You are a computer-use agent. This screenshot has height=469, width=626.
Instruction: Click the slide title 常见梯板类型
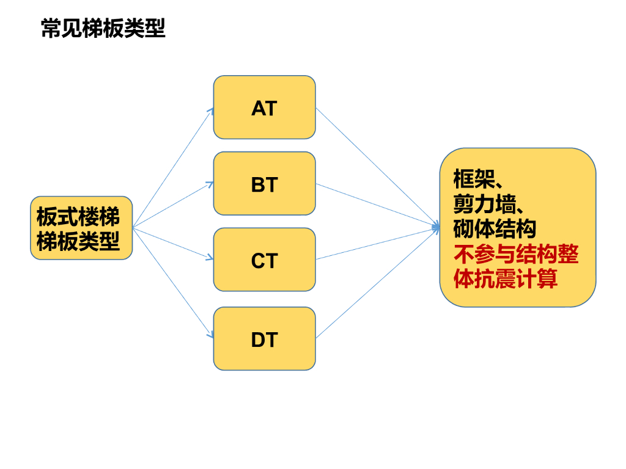pyautogui.click(x=103, y=29)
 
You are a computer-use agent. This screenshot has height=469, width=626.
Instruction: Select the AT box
pyautogui.click(x=264, y=108)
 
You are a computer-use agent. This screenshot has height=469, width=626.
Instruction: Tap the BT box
pyautogui.click(x=264, y=184)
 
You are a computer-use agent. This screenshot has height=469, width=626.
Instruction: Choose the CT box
pyautogui.click(x=264, y=260)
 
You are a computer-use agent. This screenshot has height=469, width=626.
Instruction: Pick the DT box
pyautogui.click(x=264, y=339)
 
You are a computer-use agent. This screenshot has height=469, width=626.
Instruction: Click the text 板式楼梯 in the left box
pyautogui.click(x=78, y=217)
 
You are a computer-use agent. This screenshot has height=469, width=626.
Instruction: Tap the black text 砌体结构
pyautogui.click(x=495, y=228)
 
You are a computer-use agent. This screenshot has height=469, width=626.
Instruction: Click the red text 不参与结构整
pyautogui.click(x=516, y=254)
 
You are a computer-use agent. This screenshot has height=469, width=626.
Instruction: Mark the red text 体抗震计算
pyautogui.click(x=505, y=278)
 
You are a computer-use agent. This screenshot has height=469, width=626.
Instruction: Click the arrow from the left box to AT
pyautogui.click(x=173, y=169)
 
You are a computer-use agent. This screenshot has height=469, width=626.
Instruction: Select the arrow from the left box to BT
pyautogui.click(x=173, y=205)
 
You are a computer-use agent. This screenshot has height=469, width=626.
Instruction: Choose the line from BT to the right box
pyautogui.click(x=377, y=205)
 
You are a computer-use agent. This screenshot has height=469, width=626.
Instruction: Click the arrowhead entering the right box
pyautogui.click(x=436, y=227)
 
